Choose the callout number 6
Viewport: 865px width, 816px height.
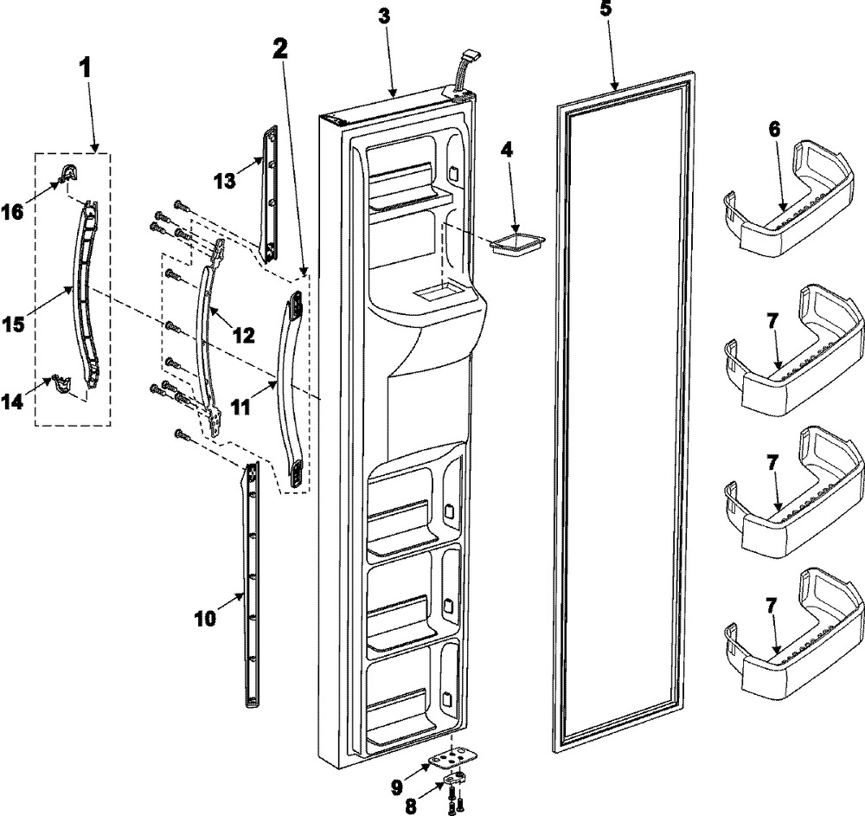pyautogui.click(x=774, y=129)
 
